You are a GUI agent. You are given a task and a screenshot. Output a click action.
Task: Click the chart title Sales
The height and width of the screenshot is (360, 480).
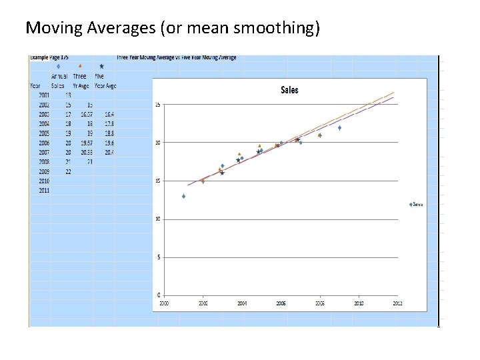click(x=289, y=90)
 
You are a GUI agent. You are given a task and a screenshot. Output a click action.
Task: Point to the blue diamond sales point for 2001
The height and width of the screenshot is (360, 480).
click(x=183, y=196)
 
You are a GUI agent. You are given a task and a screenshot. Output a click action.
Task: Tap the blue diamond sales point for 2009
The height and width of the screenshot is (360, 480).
click(x=339, y=127)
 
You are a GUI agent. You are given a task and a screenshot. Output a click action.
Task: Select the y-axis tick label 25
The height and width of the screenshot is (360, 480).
click(x=157, y=105)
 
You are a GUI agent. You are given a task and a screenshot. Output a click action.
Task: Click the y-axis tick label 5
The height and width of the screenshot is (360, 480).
click(x=158, y=257)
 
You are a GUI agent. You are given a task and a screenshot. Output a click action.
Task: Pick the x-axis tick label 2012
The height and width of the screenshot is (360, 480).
click(x=397, y=303)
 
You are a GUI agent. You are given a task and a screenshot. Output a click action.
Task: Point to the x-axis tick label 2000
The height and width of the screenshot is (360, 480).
click(x=164, y=303)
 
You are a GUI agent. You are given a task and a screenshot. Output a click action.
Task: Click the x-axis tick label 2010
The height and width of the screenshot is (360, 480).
click(x=359, y=303)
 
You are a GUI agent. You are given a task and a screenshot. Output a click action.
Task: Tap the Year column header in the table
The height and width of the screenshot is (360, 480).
click(x=35, y=85)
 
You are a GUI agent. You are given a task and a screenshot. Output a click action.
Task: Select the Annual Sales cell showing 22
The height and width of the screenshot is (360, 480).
click(x=67, y=171)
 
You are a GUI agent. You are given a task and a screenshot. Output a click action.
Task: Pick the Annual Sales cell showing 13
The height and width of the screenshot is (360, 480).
click(x=67, y=95)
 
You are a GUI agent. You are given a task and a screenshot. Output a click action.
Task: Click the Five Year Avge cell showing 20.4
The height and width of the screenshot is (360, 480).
click(x=109, y=152)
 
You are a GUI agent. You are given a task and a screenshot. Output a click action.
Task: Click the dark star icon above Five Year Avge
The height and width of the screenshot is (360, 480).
click(x=101, y=67)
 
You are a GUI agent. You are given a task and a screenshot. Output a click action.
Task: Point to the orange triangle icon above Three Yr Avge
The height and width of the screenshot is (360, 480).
click(x=80, y=67)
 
